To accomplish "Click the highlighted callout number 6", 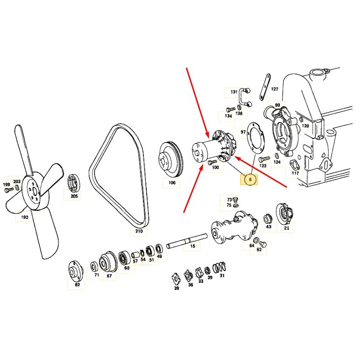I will [x=251, y=180].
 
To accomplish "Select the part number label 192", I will [x=24, y=217].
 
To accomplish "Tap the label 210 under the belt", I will [x=138, y=231].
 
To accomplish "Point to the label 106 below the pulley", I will [x=172, y=183].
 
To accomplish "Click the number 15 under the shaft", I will [x=192, y=247].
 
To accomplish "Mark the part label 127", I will [x=274, y=89].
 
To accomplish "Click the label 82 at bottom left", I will [x=77, y=284].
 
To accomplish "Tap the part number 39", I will [x=176, y=288].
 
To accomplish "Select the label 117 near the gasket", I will [x=295, y=173].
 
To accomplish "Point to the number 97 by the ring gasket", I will [x=243, y=132].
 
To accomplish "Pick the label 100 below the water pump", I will [x=215, y=167].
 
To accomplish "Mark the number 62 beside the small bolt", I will [x=259, y=249].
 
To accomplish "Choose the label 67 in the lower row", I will [x=109, y=276].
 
